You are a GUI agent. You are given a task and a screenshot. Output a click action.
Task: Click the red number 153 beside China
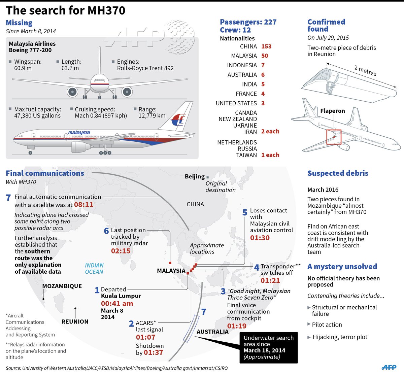(266, 46)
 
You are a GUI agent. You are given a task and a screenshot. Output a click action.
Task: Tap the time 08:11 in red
(83, 204)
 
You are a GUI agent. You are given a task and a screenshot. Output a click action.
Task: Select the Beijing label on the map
(195, 176)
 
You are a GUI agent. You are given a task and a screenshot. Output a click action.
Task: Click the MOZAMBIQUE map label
(62, 286)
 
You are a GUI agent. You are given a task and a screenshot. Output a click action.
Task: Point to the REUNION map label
(75, 321)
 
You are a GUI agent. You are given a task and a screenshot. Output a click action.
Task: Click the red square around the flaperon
(334, 137)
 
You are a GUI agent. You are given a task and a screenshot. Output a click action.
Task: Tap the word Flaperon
(333, 111)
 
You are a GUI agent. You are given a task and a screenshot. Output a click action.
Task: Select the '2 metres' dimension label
(365, 70)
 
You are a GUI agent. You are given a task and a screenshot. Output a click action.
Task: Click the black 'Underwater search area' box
(268, 347)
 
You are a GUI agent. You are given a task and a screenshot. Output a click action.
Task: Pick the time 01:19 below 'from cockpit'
(237, 326)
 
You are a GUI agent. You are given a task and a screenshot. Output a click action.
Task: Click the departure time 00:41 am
(117, 303)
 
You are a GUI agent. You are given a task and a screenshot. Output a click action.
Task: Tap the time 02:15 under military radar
(121, 251)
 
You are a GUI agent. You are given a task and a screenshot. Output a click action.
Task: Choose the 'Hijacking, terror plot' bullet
(340, 337)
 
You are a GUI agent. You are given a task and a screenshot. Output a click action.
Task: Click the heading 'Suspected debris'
(338, 173)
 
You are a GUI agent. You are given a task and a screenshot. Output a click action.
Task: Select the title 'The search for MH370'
(66, 10)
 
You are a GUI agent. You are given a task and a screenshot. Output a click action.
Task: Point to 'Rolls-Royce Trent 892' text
(145, 68)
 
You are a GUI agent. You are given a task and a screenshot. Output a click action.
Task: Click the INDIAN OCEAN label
(94, 269)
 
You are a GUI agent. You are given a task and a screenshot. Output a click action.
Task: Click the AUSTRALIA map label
(212, 332)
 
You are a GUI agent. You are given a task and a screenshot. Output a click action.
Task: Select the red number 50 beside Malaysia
(265, 56)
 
